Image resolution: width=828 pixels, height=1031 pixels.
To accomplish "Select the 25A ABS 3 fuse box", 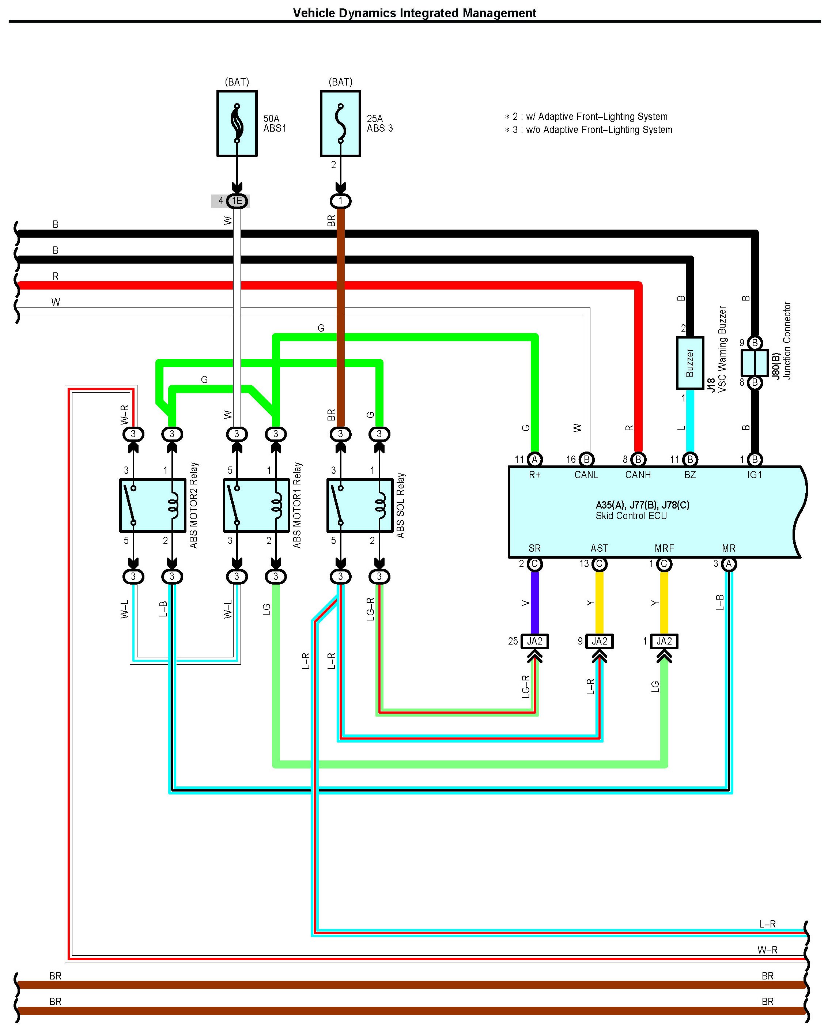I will click(340, 123).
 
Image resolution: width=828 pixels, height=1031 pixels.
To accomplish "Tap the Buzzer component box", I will click(689, 363).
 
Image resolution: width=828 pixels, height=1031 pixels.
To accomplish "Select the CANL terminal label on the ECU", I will click(586, 475).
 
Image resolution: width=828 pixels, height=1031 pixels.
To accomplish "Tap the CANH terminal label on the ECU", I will click(638, 475).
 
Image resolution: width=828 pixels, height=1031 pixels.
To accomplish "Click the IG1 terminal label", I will click(755, 475).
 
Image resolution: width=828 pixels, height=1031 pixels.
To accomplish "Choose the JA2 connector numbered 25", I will click(534, 641).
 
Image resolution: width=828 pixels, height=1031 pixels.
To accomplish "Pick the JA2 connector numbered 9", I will click(599, 641).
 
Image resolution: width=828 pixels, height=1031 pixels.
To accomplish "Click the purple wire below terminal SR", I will click(534, 603).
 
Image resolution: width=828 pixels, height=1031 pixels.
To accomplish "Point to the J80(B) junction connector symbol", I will click(755, 363).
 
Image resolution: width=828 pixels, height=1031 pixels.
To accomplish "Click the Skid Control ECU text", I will click(631, 516).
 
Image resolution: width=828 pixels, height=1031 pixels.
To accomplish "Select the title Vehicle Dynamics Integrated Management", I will click(415, 13).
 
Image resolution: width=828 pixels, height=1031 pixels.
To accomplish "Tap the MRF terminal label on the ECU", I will click(664, 548).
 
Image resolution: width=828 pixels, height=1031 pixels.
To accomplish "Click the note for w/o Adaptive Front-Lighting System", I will click(593, 129).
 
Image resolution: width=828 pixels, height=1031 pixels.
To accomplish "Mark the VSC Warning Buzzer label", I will click(722, 349).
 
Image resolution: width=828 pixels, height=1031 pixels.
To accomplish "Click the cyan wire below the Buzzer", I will click(689, 421).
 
